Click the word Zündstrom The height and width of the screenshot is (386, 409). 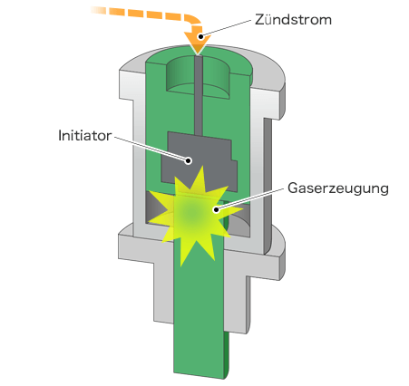click(x=293, y=20)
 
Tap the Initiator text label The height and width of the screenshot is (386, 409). click(x=85, y=136)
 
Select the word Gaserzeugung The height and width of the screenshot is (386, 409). click(x=338, y=188)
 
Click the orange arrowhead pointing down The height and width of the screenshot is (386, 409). click(x=198, y=42)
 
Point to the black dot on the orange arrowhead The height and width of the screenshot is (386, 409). click(x=200, y=36)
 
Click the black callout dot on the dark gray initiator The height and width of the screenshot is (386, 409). click(x=189, y=160)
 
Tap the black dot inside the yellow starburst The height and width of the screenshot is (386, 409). click(x=216, y=209)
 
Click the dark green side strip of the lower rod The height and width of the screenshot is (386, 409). click(x=227, y=353)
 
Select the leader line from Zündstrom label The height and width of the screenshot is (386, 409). click(x=226, y=28)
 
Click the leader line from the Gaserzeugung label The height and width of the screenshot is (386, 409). click(x=249, y=198)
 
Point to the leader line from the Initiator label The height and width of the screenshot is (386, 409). click(x=151, y=149)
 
